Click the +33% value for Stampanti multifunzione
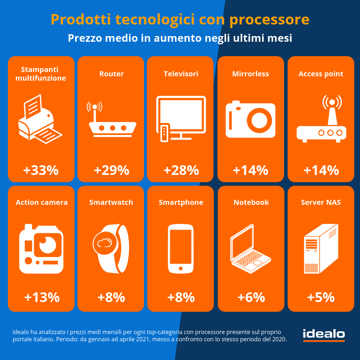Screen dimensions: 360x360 [41, 170]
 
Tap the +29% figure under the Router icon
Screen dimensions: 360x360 [111, 170]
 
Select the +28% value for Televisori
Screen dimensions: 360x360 [181, 170]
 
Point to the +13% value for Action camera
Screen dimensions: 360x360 [41, 297]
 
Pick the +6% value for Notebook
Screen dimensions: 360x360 [251, 297]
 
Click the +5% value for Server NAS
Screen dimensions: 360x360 [321, 297]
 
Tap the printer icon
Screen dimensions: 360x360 [40, 119]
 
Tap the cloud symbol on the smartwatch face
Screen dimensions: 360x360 [104, 243]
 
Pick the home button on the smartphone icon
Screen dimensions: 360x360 [181, 269]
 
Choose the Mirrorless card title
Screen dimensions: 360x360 [251, 74]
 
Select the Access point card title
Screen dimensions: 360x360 [321, 74]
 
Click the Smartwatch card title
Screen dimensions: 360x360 [111, 202]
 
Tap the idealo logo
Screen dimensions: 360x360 [324, 334]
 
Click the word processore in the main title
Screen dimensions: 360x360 [269, 19]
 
